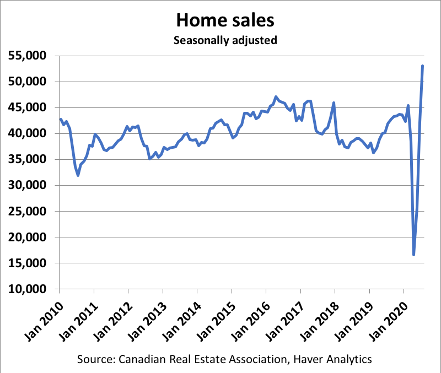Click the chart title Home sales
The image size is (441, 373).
[224, 20]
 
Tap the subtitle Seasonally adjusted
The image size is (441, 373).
[224, 40]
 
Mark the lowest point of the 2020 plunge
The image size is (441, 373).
[413, 255]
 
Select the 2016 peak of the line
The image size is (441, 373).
[276, 97]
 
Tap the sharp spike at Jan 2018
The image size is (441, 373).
[334, 103]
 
